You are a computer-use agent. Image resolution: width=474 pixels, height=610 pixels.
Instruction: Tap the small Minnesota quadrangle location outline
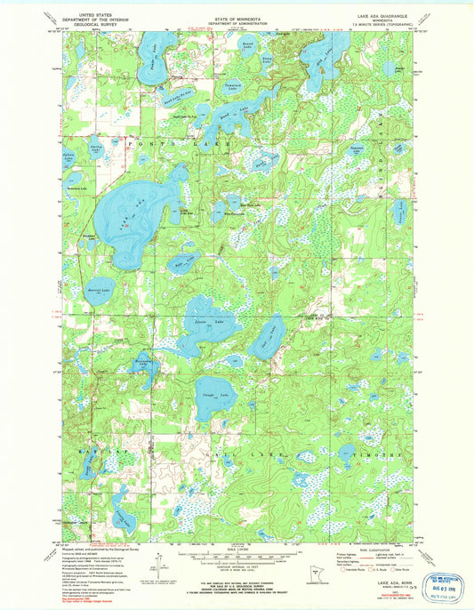click(x=309, y=574)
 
